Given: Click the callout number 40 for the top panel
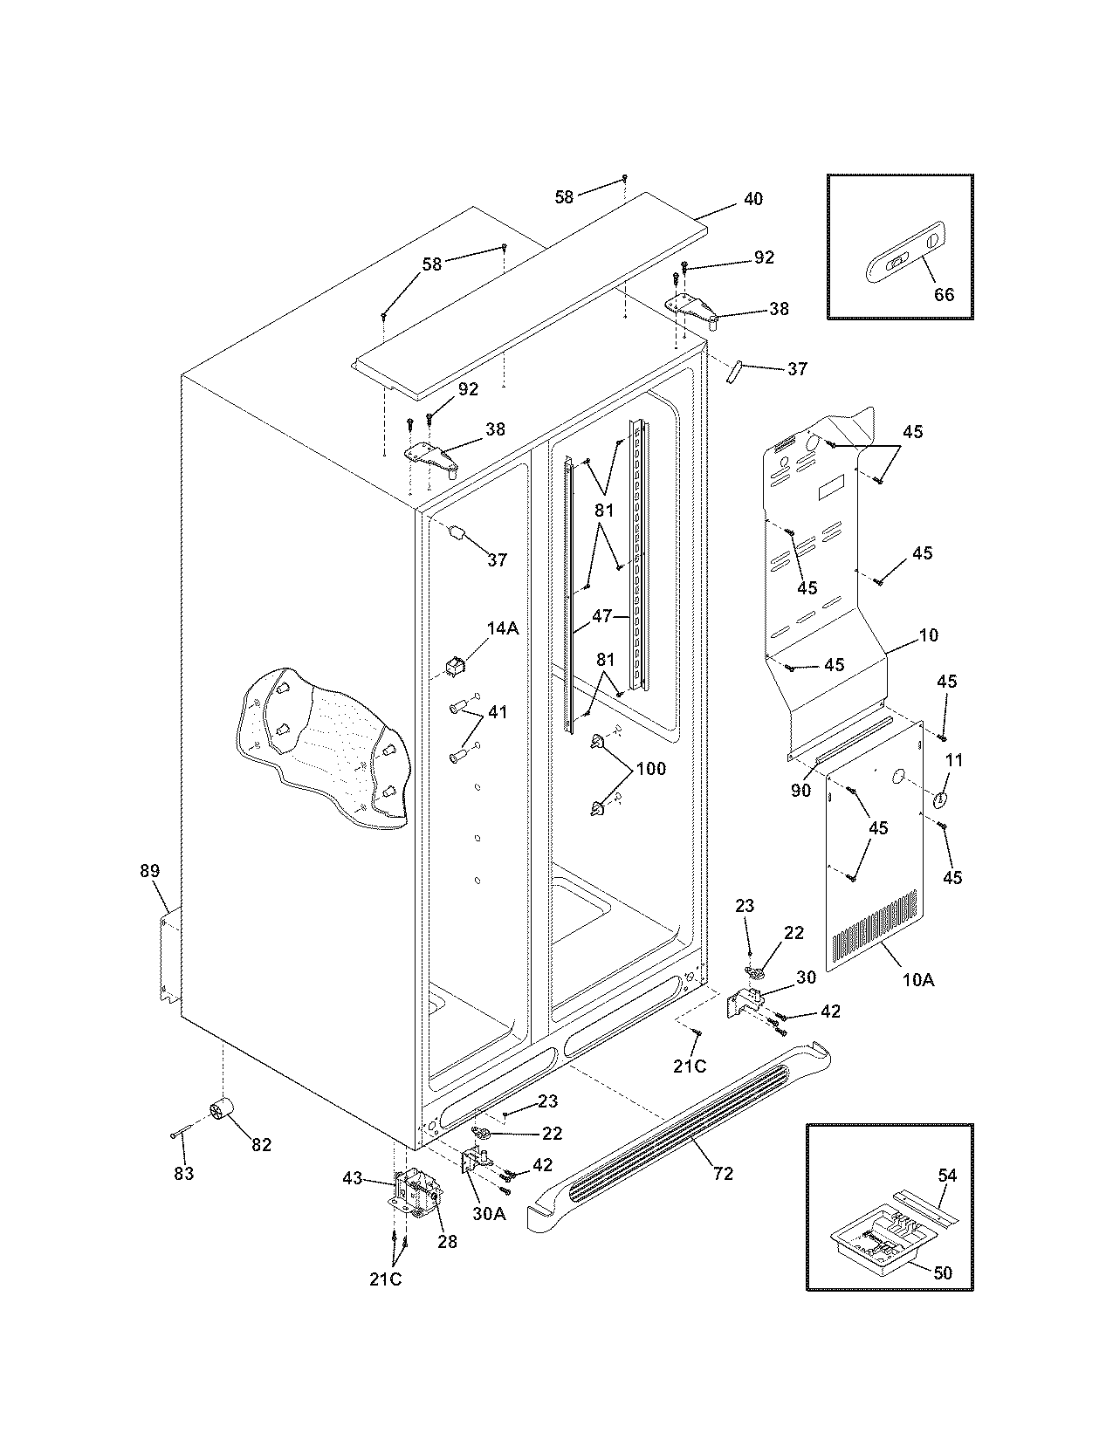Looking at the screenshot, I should [x=752, y=199].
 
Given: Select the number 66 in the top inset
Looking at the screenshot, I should [x=945, y=294].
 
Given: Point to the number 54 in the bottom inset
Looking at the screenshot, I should [x=947, y=1176].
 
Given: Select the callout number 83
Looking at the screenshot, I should [x=183, y=1174].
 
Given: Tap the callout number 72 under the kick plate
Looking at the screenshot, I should [x=723, y=1174].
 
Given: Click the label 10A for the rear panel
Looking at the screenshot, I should [x=917, y=980].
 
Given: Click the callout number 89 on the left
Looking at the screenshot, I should [x=150, y=870].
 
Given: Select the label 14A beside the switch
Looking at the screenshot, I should [x=503, y=627].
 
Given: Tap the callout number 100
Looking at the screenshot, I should [x=651, y=769].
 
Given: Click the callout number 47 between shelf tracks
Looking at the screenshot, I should [x=602, y=615].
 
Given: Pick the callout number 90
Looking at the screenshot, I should [x=800, y=791].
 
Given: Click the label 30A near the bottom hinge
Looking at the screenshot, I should [x=488, y=1212].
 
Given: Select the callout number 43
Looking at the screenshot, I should [x=352, y=1178].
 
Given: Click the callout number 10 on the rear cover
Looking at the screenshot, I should [x=929, y=635].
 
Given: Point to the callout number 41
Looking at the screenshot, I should [x=497, y=713].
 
